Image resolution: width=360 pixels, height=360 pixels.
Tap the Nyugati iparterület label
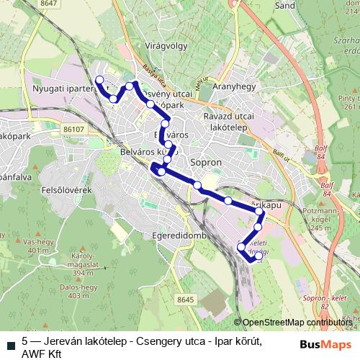(x=65, y=89)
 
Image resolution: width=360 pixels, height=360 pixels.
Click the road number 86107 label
(x=73, y=130)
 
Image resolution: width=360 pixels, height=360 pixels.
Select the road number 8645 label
(x=184, y=299)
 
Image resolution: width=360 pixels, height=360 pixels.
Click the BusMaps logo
(x=325, y=343)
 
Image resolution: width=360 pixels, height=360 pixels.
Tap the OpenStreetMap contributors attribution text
(x=295, y=323)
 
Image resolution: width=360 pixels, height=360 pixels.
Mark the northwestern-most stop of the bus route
(x=99, y=80)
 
